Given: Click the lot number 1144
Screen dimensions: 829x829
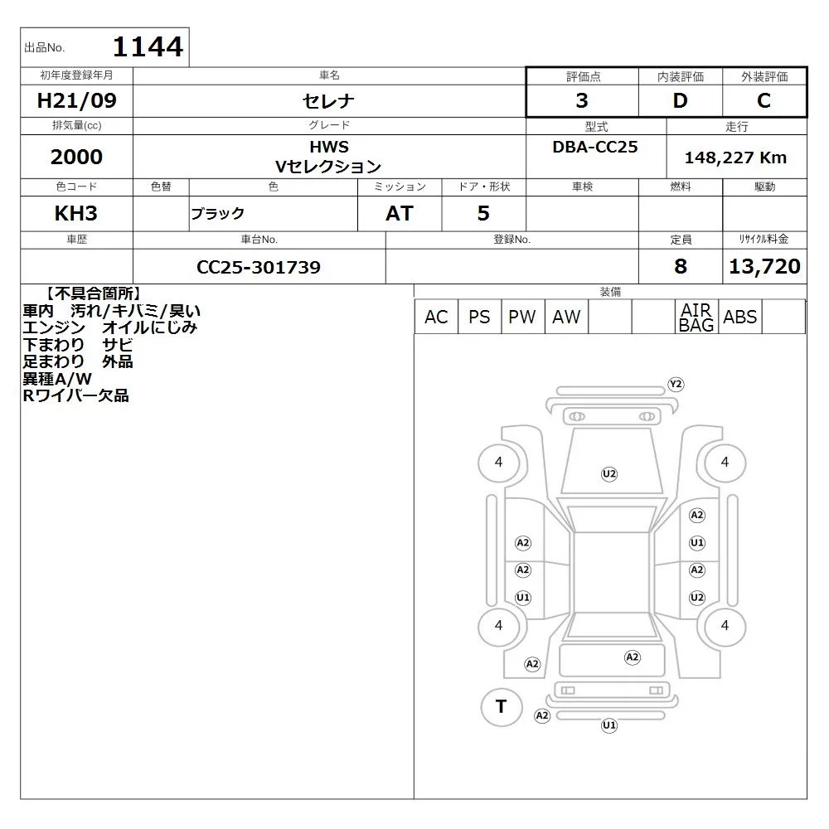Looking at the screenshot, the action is coord(148,46).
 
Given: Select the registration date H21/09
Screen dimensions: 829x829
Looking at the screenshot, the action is coord(76,100).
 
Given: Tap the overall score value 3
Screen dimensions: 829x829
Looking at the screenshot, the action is coord(582,100).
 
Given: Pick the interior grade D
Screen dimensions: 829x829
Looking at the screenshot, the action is coord(680,100).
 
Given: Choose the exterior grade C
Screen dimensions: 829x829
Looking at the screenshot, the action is coord(764,100).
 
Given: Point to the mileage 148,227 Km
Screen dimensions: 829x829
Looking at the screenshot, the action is coord(735,158).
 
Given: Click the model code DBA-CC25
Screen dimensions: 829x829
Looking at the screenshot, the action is coord(594,147).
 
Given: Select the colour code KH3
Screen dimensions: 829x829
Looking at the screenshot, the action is coord(76,214).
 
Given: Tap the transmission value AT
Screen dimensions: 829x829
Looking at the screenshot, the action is coord(400,214).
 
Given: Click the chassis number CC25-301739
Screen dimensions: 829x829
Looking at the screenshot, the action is coord(259,267).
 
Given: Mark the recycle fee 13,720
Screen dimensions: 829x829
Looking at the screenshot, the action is coord(764,266).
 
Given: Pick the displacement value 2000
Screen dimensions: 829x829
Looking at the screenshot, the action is coord(76,157).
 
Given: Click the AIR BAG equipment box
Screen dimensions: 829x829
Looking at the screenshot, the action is coord(696,317).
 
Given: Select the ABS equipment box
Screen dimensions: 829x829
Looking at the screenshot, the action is coord(740,317).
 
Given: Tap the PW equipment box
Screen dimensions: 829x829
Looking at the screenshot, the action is coord(522,317).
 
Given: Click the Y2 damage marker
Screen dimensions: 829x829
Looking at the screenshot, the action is coord(676,385).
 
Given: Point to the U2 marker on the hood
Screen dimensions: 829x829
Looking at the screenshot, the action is coord(609,473).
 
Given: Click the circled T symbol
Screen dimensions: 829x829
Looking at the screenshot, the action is coord(502,707).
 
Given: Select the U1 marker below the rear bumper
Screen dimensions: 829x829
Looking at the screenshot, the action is coord(609,725).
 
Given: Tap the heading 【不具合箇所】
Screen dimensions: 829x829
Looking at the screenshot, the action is coord(93,294).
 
